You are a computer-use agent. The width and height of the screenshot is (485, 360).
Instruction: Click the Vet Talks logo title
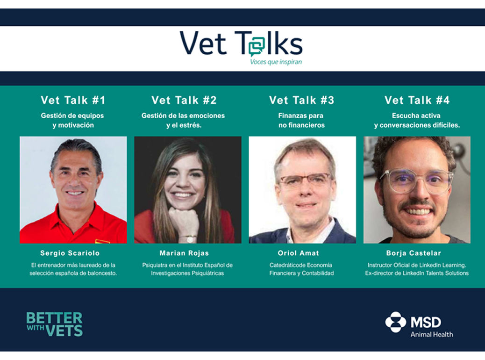click(x=241, y=44)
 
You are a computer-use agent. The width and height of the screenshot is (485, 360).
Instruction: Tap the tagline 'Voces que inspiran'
click(x=276, y=62)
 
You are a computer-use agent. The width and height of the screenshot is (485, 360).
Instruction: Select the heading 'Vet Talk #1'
click(x=73, y=100)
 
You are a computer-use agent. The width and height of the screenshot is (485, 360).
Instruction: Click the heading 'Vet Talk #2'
click(x=184, y=100)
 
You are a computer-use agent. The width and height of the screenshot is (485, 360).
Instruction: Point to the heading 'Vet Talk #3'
click(x=301, y=100)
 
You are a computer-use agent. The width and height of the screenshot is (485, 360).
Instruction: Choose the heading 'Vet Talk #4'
click(x=417, y=100)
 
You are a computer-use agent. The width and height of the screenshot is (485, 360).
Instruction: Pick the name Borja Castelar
click(x=414, y=253)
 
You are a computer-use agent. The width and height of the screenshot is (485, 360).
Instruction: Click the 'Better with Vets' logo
click(x=54, y=324)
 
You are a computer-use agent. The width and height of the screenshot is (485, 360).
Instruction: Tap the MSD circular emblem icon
click(x=395, y=322)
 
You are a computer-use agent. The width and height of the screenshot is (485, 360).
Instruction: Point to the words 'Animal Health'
click(x=431, y=334)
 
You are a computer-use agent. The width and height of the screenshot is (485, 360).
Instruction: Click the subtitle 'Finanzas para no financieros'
click(x=301, y=121)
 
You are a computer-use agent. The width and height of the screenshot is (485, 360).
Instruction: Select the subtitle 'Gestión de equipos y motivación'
click(x=73, y=121)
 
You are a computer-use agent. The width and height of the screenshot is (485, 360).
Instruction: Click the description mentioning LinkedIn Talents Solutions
click(x=417, y=273)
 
